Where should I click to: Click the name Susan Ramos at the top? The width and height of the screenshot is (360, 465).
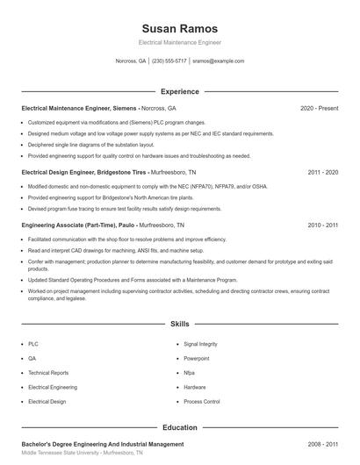pos(179,28)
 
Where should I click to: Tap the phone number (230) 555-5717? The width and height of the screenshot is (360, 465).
pos(169,61)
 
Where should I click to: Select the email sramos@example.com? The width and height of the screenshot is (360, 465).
pos(218,61)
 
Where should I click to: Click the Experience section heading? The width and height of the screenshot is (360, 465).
pos(179,91)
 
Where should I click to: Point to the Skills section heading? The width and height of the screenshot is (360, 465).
pos(179,324)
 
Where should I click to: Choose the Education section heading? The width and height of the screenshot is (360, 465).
pos(179,427)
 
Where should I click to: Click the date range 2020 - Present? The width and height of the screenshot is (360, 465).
pos(319,108)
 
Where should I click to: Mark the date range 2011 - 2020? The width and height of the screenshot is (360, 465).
pos(322,173)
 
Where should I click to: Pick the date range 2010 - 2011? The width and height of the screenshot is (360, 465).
pos(322,225)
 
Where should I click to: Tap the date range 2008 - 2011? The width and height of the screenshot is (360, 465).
pos(322,445)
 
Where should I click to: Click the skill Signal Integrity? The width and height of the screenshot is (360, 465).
pos(201,345)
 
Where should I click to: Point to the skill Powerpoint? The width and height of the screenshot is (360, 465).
pos(197,359)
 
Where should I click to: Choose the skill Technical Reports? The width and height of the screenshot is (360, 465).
pos(47,373)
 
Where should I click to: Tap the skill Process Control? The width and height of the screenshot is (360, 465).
pos(201,401)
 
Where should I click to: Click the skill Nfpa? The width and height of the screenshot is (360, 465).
pos(190,373)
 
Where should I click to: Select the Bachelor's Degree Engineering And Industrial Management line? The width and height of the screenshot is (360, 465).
pos(103,445)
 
